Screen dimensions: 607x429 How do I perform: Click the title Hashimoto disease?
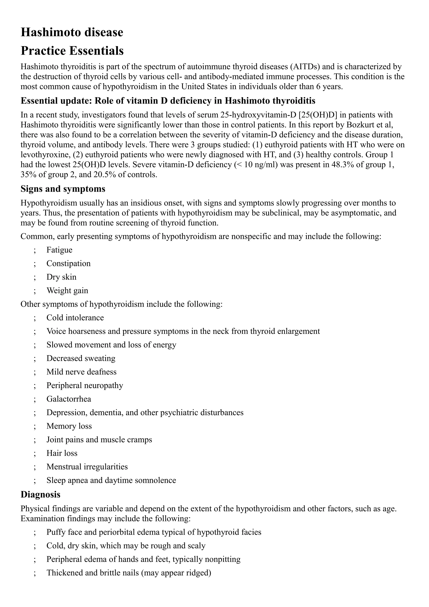pyautogui.click(x=72, y=32)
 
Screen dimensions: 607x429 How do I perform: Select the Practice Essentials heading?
pyautogui.click(x=72, y=51)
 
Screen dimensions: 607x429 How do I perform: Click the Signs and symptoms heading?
pyautogui.click(x=63, y=189)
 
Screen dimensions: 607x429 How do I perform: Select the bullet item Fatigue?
pyautogui.click(x=59, y=250)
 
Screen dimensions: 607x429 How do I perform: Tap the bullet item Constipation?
pyautogui.click(x=68, y=263)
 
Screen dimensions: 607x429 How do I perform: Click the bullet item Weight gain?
pyautogui.click(x=67, y=291)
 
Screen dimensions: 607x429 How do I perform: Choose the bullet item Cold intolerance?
pyautogui.click(x=75, y=318)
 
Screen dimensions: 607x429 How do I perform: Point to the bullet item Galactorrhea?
pyautogui.click(x=69, y=399)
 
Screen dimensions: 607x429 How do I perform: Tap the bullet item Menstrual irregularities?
pyautogui.click(x=87, y=467)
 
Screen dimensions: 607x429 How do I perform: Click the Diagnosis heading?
pyautogui.click(x=40, y=494)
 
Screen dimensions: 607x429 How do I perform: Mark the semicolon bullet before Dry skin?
pyautogui.click(x=35, y=277)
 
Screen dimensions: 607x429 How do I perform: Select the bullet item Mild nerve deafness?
pyautogui.click(x=81, y=372)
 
